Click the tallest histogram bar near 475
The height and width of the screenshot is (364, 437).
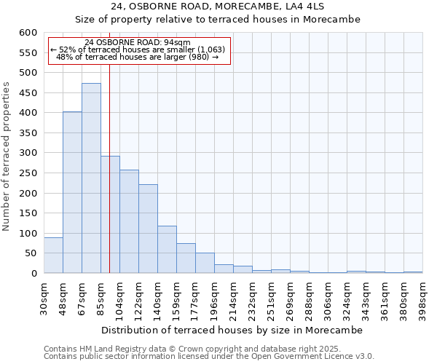[91, 178]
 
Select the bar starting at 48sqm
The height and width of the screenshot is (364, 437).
[72, 193]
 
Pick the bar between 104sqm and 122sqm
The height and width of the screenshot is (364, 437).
[129, 221]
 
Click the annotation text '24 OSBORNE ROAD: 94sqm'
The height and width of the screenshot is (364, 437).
[137, 42]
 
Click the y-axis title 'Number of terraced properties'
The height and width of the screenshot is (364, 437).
[7, 156]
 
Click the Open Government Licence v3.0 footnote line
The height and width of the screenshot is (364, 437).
[209, 357]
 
